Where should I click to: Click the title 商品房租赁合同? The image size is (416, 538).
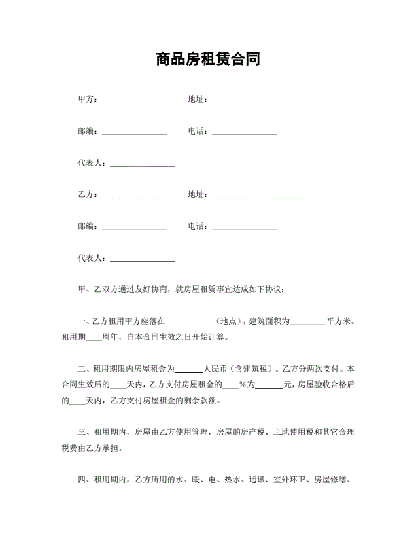(207, 60)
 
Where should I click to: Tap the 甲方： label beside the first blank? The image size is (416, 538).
(89, 100)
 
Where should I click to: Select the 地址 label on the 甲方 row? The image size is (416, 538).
(198, 100)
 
